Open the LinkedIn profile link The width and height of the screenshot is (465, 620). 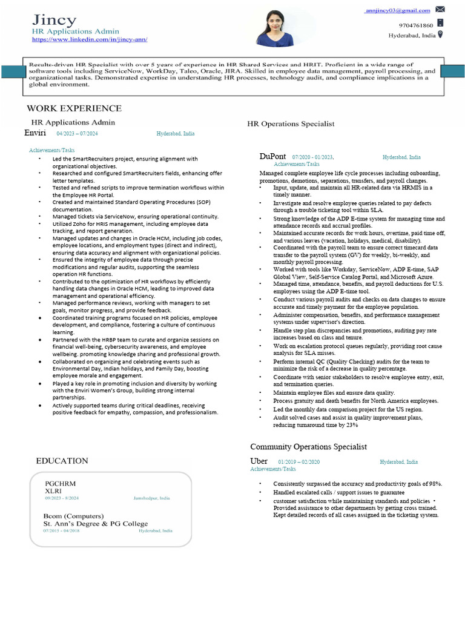pyautogui.click(x=90, y=39)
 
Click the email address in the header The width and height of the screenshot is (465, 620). pyautogui.click(x=398, y=10)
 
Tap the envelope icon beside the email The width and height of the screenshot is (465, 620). pyautogui.click(x=440, y=9)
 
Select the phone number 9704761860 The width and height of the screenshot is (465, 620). pyautogui.click(x=416, y=25)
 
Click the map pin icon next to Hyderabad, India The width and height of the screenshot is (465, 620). pyautogui.click(x=440, y=35)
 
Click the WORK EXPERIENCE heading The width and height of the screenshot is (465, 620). pyautogui.click(x=74, y=108)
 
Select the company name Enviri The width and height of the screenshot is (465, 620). pyautogui.click(x=35, y=133)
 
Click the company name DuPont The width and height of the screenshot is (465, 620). pyautogui.click(x=272, y=156)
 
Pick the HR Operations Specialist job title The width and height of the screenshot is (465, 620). pyautogui.click(x=291, y=124)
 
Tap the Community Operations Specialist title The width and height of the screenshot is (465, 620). pyautogui.click(x=308, y=447)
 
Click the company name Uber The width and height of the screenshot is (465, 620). pyautogui.click(x=259, y=461)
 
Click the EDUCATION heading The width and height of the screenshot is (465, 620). pyautogui.click(x=62, y=461)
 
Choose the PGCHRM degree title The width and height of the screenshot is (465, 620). pyautogui.click(x=61, y=483)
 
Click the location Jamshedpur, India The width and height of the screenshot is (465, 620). pyautogui.click(x=151, y=498)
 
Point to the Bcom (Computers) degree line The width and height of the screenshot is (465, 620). pyautogui.click(x=73, y=515)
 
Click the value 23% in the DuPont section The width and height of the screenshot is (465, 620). pyautogui.click(x=352, y=425)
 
